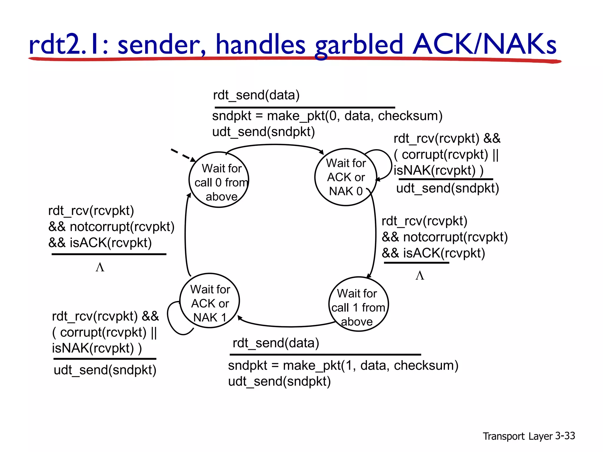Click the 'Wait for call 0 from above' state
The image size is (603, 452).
tap(219, 180)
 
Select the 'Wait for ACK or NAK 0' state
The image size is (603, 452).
tap(346, 177)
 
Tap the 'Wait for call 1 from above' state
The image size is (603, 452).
tap(358, 304)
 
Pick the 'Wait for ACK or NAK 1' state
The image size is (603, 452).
tap(210, 301)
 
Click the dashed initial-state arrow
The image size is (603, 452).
tap(183, 155)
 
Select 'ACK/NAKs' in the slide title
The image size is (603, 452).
tap(484, 44)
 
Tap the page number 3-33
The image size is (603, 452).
tap(565, 436)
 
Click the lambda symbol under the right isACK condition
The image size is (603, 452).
tap(420, 276)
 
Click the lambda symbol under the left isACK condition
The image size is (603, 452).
tap(100, 267)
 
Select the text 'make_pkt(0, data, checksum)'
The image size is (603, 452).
tap(354, 116)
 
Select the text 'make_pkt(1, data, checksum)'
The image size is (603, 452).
tap(370, 365)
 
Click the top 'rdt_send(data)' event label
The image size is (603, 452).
tap(256, 95)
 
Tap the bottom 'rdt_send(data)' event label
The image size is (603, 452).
tap(276, 343)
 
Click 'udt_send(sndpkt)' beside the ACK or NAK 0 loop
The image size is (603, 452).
tap(448, 188)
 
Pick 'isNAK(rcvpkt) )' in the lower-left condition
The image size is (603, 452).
tap(97, 348)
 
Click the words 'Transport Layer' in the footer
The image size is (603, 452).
tap(518, 436)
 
